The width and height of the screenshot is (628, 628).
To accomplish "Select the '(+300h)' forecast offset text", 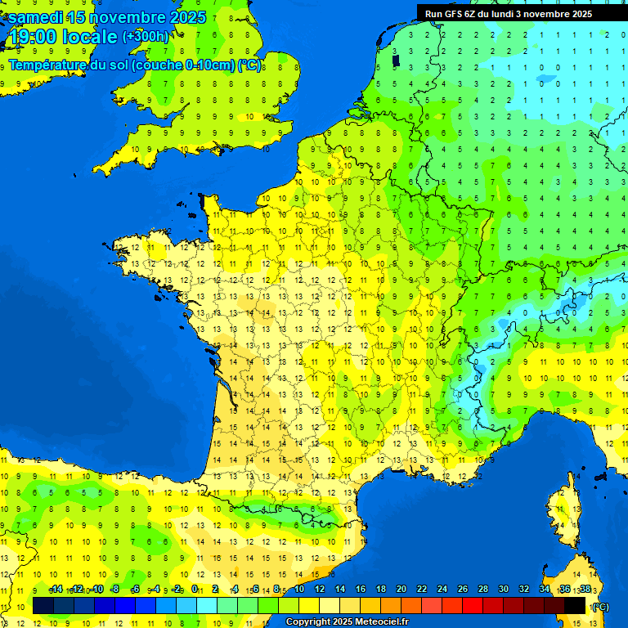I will (x=146, y=37).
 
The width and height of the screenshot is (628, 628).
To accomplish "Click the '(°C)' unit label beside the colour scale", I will (x=599, y=607).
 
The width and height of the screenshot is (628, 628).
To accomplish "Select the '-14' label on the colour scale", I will (x=56, y=589).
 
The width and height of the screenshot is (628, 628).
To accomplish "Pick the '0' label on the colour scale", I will (x=195, y=589).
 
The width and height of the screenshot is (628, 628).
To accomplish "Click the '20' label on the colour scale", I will (x=401, y=589).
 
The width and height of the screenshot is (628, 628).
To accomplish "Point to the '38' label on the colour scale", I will (x=585, y=589).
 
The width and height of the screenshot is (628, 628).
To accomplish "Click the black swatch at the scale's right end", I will (x=575, y=605).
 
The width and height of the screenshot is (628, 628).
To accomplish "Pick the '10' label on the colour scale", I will (x=298, y=589).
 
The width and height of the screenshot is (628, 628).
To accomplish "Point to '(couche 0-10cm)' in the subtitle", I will (x=184, y=65).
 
